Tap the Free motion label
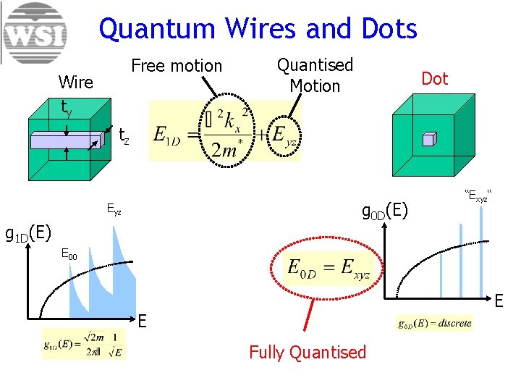click(177, 66)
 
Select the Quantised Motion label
click(315, 75)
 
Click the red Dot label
click(434, 79)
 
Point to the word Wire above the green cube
click(75, 82)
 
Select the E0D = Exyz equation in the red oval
click(327, 269)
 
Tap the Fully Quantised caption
click(308, 353)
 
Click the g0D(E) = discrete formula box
click(435, 324)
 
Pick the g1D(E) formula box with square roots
click(84, 344)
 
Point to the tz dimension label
click(124, 135)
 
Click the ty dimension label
click(66, 109)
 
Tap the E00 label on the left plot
click(69, 253)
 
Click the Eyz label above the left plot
click(114, 211)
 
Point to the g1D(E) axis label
click(27, 233)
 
